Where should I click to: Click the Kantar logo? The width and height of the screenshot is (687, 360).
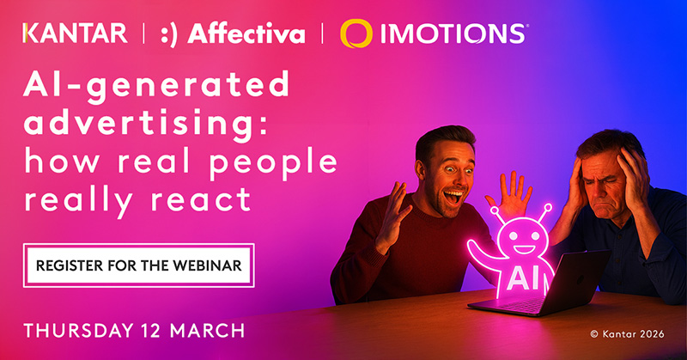click(x=76, y=34)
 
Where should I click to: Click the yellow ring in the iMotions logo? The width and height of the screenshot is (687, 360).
click(x=356, y=34)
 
